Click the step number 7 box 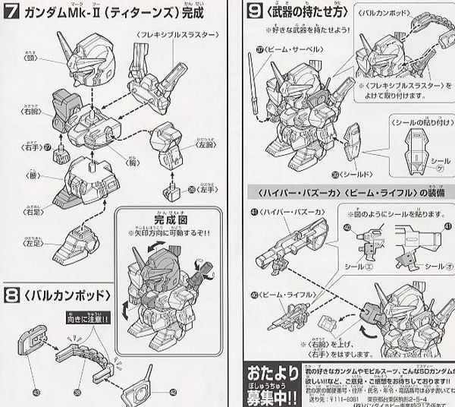12,13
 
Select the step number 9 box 254,12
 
